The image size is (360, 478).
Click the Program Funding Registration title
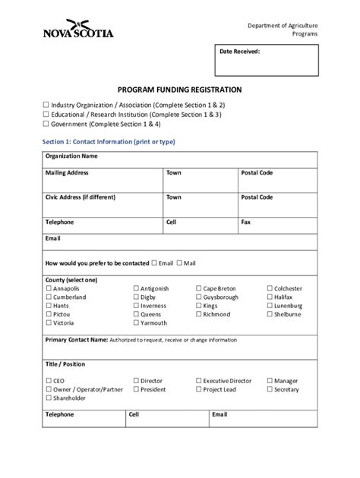coord(179,89)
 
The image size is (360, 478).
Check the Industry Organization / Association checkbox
coord(46,104)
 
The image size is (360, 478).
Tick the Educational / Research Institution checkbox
coord(46,114)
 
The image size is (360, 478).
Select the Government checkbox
coord(46,124)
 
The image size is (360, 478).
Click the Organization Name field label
coord(71,156)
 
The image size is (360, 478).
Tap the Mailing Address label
coord(67,173)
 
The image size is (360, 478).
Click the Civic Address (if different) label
coord(80,197)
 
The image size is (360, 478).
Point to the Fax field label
coord(245,222)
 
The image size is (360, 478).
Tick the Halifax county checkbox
coord(270,297)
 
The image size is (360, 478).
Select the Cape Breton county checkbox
coord(198,289)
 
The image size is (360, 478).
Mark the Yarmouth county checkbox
coord(136,323)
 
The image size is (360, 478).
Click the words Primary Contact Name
coord(76,340)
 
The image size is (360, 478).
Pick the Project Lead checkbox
coord(198,390)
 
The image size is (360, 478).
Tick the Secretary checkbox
coord(270,390)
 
